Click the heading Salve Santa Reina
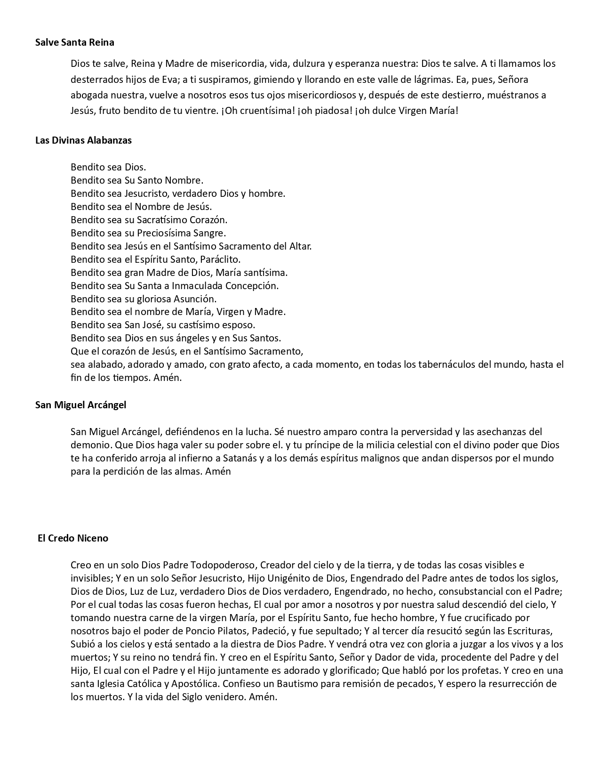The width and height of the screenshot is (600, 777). (75, 42)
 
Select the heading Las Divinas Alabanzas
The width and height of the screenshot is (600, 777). (83, 140)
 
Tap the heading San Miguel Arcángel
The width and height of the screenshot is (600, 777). (80, 405)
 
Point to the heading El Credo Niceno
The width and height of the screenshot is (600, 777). (73, 538)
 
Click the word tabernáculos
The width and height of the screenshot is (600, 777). (428, 364)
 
